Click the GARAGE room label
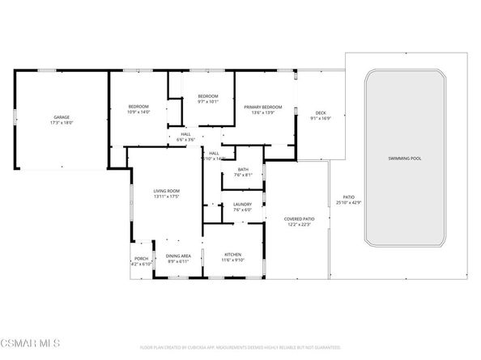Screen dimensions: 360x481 [x=62, y=117]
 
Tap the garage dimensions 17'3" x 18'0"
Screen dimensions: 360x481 [x=62, y=123]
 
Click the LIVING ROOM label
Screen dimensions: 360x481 [x=166, y=191]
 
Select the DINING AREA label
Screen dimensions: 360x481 [x=177, y=256]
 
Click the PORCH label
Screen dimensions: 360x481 [x=142, y=259]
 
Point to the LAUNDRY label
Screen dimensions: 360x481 [x=242, y=204]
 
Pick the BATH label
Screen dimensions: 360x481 [x=243, y=169]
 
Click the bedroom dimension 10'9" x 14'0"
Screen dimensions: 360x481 [x=140, y=112]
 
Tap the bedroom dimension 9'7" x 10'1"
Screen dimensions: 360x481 [x=209, y=102]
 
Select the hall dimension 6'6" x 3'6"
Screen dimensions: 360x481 [x=186, y=140]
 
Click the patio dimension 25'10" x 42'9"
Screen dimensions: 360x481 [x=348, y=201]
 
